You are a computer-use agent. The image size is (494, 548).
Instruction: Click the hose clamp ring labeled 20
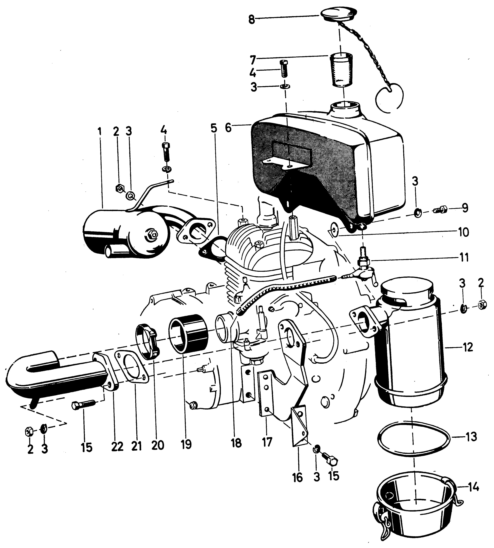pos(148,341)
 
